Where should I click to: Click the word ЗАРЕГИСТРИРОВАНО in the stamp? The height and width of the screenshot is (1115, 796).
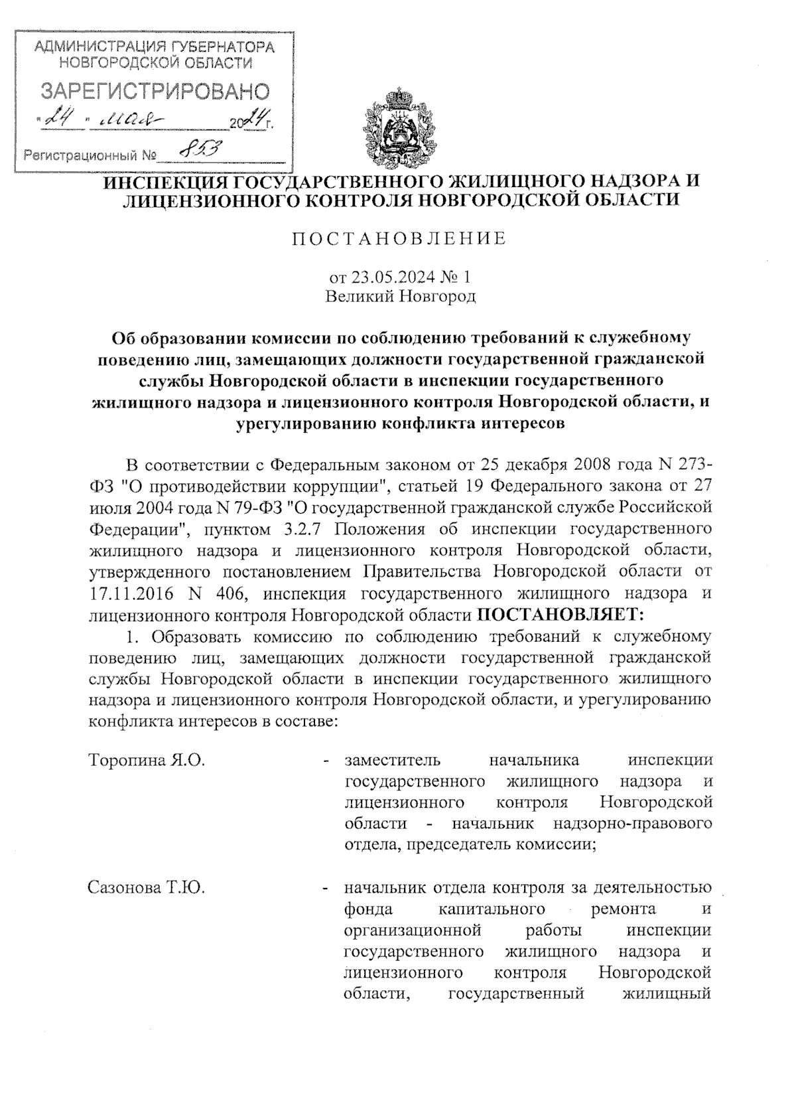[157, 92]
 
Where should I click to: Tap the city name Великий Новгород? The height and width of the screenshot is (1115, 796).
[400, 296]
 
